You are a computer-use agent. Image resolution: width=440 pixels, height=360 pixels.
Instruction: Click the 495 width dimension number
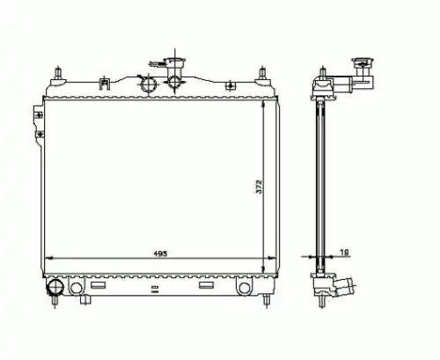160,253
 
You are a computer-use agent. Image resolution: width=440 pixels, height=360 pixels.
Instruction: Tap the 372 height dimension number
259,187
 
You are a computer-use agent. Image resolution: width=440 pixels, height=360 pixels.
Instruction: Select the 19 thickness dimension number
344,252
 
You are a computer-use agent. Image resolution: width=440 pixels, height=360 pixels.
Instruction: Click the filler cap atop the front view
174,62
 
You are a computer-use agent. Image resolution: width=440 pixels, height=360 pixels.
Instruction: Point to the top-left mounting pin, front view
58,73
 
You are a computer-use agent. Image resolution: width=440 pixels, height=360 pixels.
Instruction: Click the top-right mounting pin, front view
262,73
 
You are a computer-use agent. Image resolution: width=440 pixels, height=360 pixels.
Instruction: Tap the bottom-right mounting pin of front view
267,300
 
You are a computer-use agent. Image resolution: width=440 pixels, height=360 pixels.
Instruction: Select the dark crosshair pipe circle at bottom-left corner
55,287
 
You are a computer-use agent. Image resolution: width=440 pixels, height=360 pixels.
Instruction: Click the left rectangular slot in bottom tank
98,285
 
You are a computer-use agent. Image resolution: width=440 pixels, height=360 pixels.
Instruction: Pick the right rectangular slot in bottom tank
206,285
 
